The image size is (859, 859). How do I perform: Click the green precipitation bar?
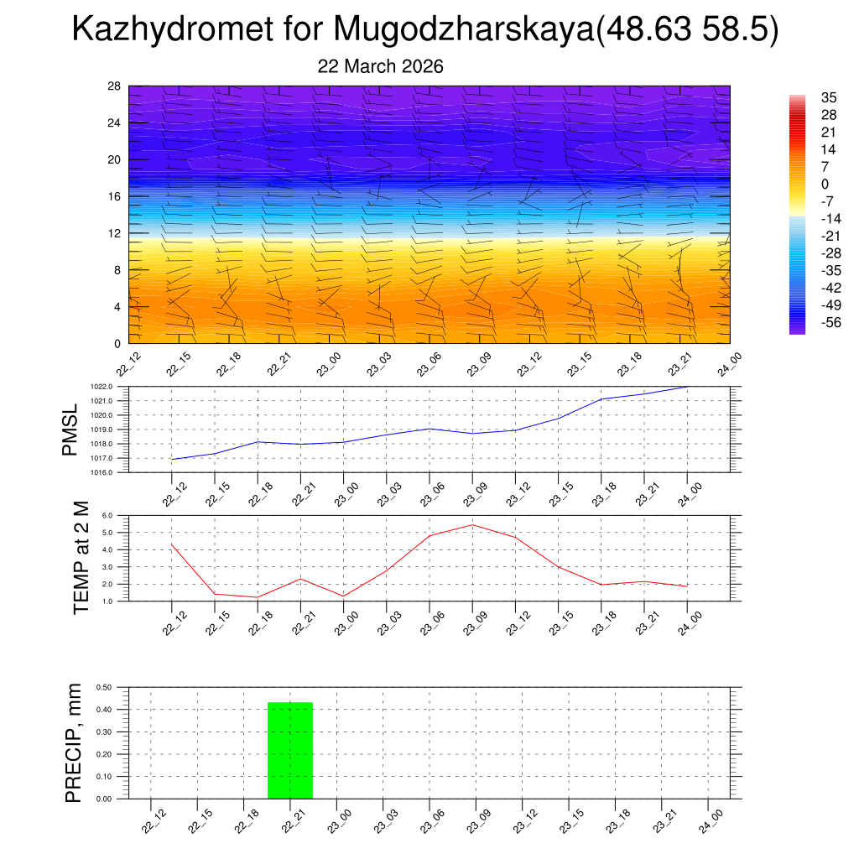(x=290, y=750)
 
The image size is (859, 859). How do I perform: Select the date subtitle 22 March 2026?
(x=380, y=66)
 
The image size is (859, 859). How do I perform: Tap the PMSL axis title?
(x=70, y=429)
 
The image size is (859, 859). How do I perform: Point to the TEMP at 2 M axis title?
(x=81, y=559)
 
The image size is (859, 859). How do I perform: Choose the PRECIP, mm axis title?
(x=75, y=742)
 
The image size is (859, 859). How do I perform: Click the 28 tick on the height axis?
(x=114, y=86)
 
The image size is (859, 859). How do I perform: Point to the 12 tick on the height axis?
(x=114, y=233)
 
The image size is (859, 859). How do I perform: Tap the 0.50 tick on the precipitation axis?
(x=104, y=687)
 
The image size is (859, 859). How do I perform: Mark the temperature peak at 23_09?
(x=472, y=525)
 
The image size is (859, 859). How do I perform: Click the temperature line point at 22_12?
(x=172, y=545)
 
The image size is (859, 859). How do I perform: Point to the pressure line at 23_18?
(x=601, y=398)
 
